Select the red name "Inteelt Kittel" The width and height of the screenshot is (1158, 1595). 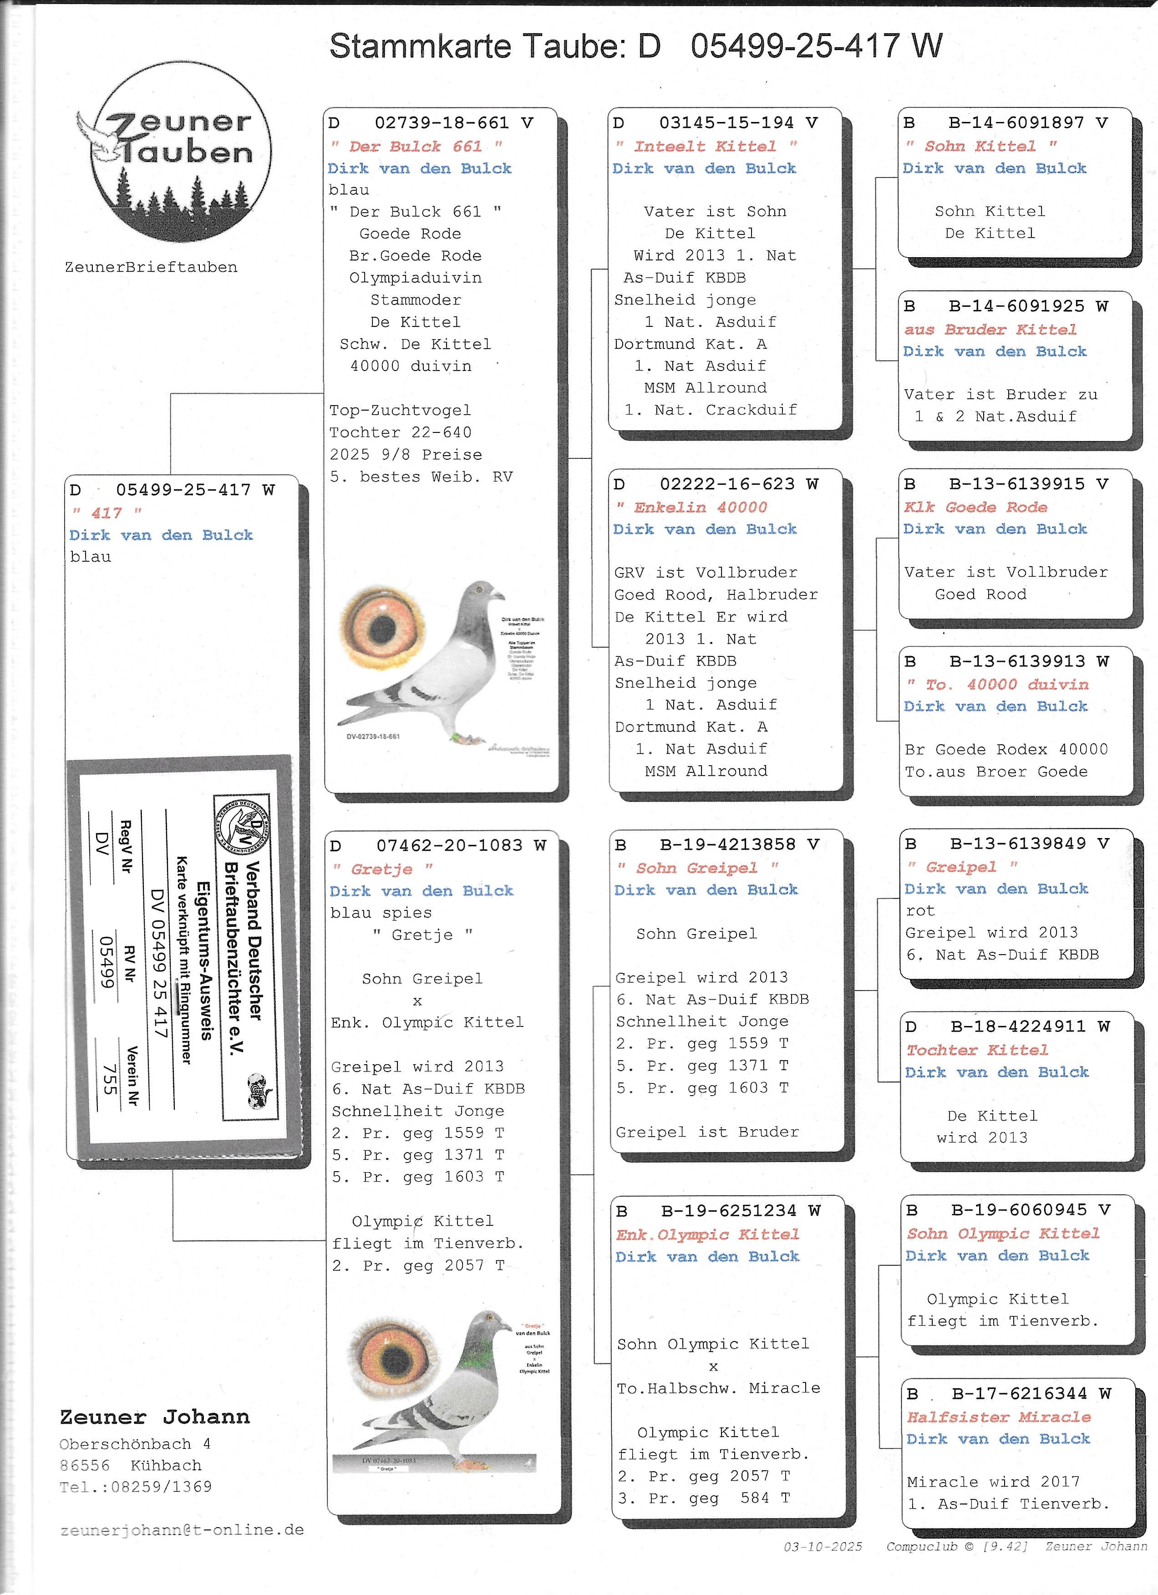705,146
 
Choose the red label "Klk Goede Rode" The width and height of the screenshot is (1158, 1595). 975,507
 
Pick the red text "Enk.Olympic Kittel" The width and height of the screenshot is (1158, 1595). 707,1234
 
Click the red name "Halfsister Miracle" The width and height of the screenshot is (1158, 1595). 998,1417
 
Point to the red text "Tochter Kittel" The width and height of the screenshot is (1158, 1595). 976,1050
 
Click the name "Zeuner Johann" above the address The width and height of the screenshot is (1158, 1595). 155,1417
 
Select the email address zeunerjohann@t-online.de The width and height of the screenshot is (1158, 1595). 182,1529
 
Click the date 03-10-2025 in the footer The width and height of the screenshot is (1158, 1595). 823,1546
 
